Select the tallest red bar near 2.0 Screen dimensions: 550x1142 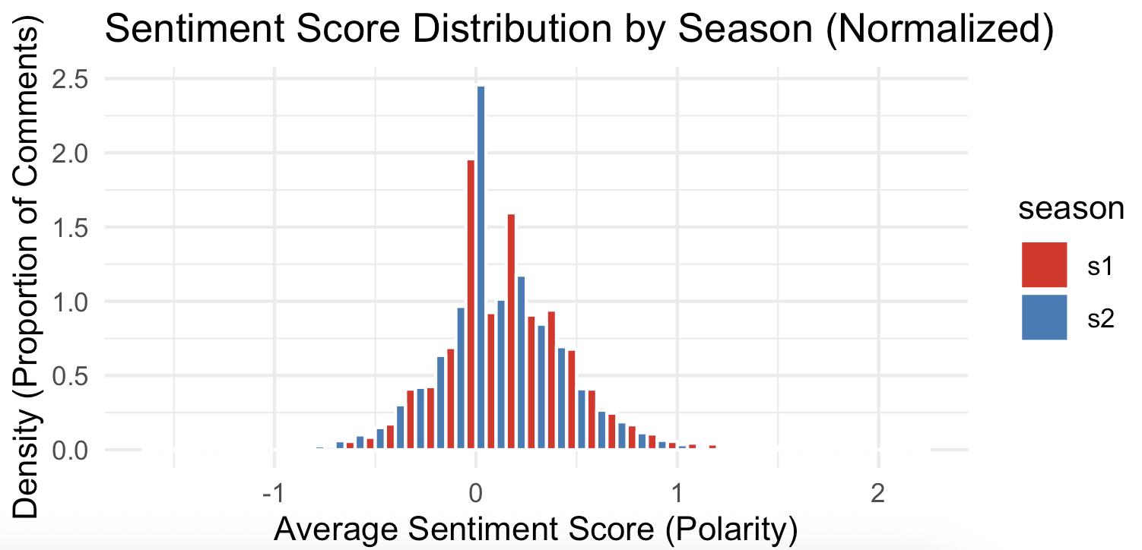click(x=471, y=304)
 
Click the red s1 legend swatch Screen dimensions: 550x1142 click(x=1044, y=265)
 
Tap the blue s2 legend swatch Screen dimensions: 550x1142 click(x=1044, y=317)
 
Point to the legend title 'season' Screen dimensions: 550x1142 click(x=1071, y=210)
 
